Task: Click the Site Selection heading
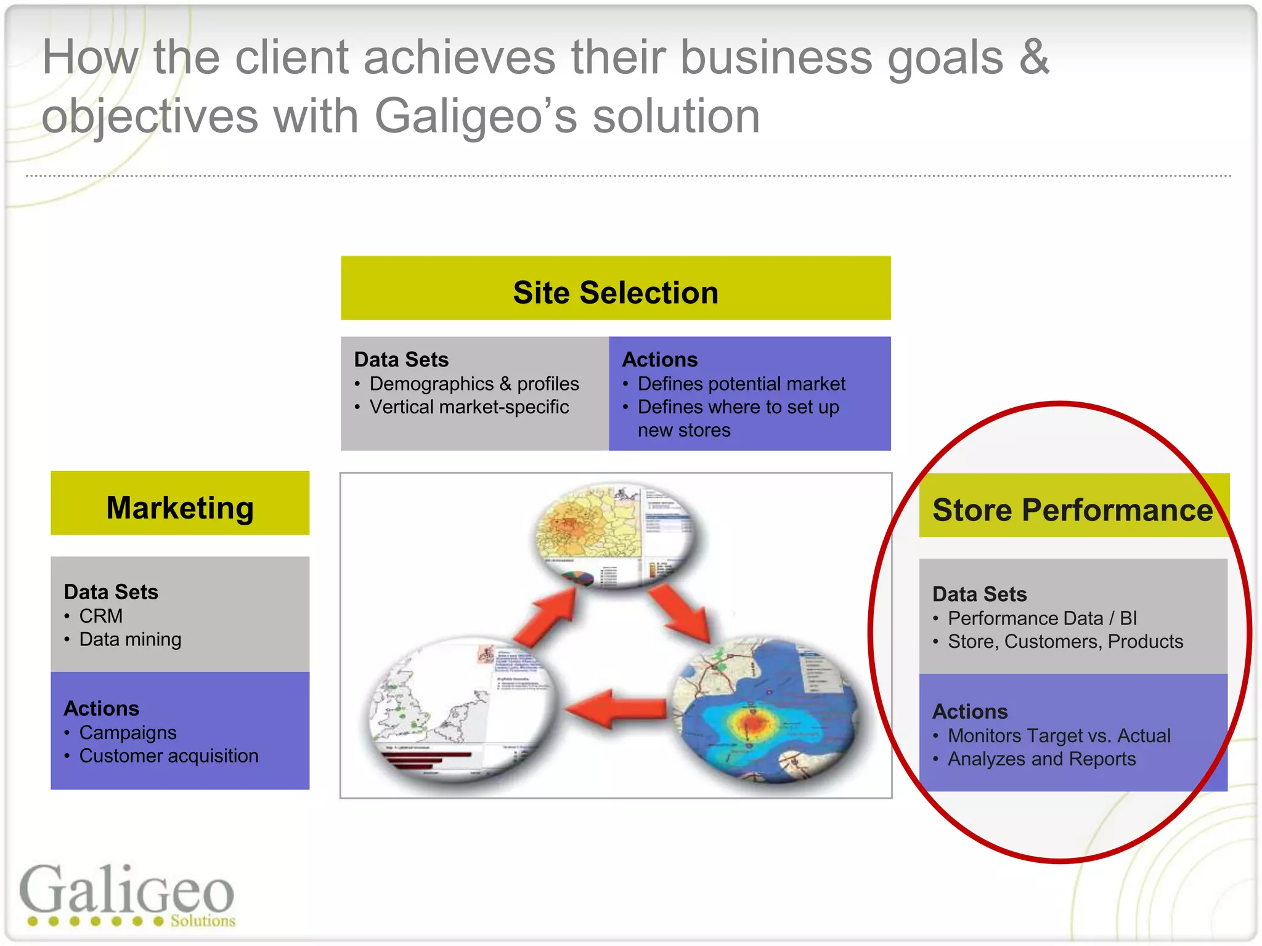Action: point(616,293)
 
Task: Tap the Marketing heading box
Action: point(180,508)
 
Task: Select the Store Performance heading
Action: point(1072,510)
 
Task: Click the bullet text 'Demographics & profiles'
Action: point(474,384)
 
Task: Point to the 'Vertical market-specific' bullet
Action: point(469,407)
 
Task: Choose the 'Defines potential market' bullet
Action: point(741,384)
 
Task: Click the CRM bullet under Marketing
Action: point(101,616)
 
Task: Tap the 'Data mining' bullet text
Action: point(130,639)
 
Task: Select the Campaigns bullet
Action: point(128,732)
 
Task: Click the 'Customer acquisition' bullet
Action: point(169,756)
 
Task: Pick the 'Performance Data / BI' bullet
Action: point(1042,618)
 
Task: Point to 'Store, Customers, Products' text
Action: point(1065,641)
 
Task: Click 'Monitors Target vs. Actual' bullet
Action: point(1059,735)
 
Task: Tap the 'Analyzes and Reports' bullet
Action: point(1041,759)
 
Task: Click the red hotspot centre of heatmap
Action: point(753,721)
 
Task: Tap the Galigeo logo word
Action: point(127,891)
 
